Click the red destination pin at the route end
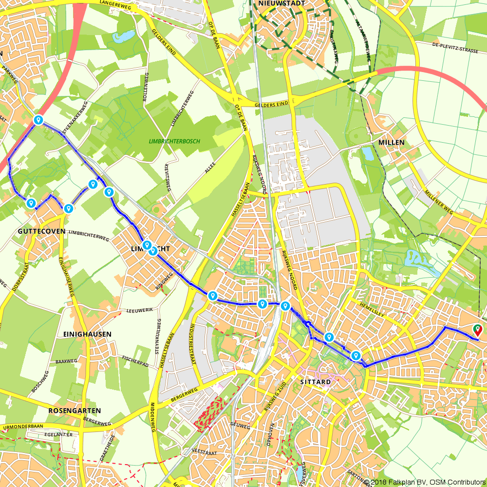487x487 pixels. point(478,330)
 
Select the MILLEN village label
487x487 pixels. point(391,142)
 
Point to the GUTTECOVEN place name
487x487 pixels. point(42,231)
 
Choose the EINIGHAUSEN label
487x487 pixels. point(87,334)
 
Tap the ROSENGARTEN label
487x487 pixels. point(75,411)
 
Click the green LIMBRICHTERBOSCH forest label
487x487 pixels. point(174,141)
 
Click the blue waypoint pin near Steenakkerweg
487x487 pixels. point(38,119)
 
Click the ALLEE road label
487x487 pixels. point(210,168)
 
